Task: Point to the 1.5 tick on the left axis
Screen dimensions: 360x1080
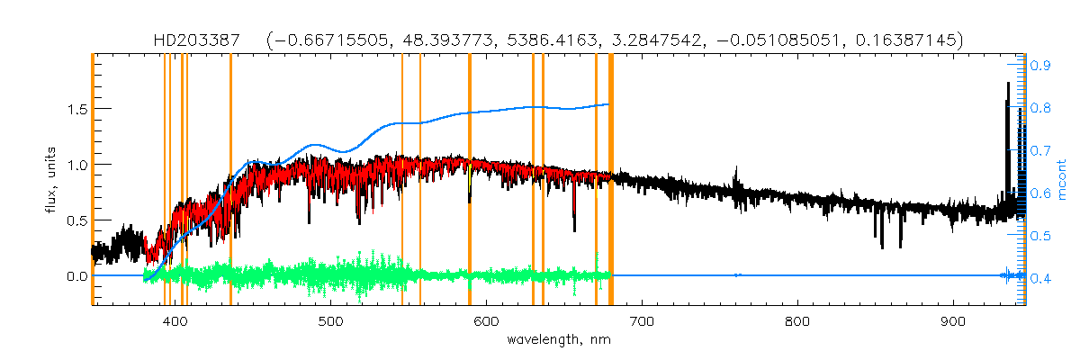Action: (75, 109)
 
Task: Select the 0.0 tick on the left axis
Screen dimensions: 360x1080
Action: (75, 276)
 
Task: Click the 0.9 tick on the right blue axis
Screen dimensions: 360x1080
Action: (1041, 65)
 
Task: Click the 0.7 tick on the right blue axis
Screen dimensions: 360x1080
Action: (1041, 150)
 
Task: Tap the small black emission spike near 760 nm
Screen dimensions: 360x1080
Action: (737, 171)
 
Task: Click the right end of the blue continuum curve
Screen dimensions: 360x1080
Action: (609, 104)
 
